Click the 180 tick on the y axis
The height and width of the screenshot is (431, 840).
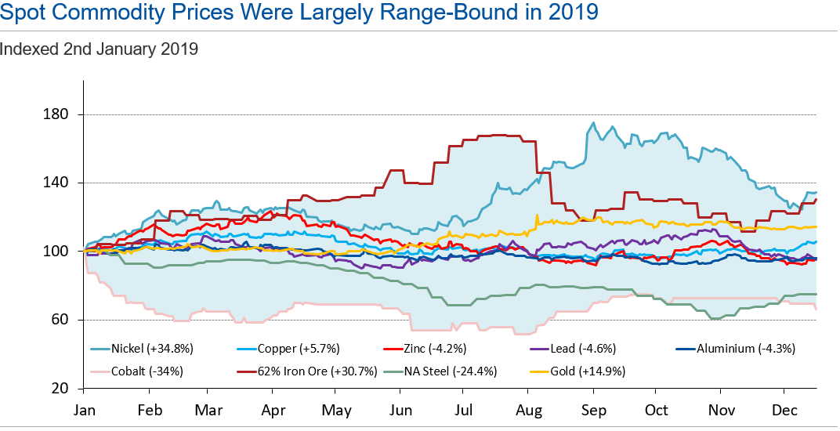click(x=59, y=114)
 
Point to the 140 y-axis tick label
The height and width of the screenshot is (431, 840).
click(x=59, y=183)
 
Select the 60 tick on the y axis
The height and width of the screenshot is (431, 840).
click(x=62, y=320)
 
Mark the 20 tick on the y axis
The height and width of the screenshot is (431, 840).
click(x=62, y=389)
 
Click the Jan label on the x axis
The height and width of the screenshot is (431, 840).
click(x=85, y=411)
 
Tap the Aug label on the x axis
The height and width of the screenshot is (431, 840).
click(x=530, y=411)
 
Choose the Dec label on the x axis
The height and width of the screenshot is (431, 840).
click(x=785, y=411)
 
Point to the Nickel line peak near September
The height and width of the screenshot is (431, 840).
click(x=593, y=123)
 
